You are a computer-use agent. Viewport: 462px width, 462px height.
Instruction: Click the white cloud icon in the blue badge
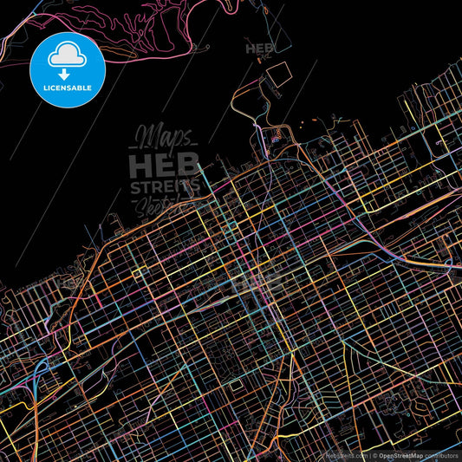tap(66, 54)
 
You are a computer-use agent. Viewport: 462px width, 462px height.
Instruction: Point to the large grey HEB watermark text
tap(164, 165)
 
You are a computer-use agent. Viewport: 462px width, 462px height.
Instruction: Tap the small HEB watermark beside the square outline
tap(259, 49)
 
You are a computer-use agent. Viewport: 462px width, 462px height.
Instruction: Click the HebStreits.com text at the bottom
tap(347, 454)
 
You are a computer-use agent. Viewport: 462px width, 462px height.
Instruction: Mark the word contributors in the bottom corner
tap(441, 454)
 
